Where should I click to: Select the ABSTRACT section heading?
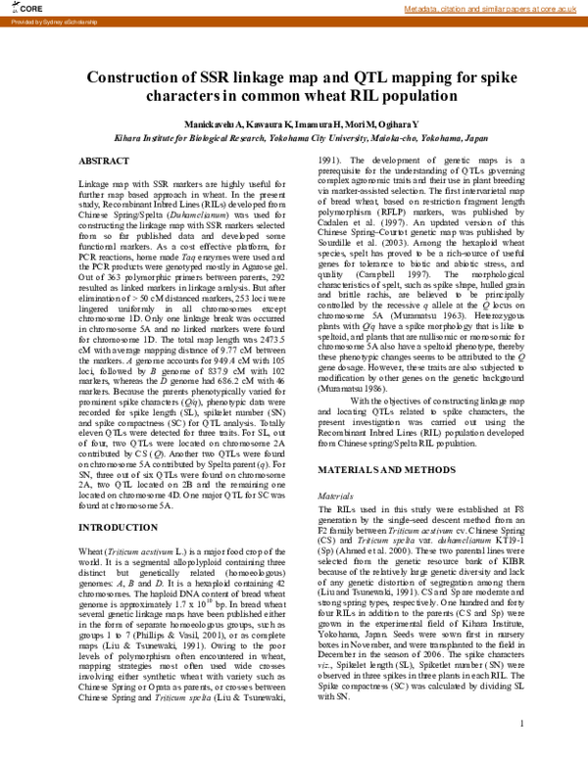pyautogui.click(x=103, y=160)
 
